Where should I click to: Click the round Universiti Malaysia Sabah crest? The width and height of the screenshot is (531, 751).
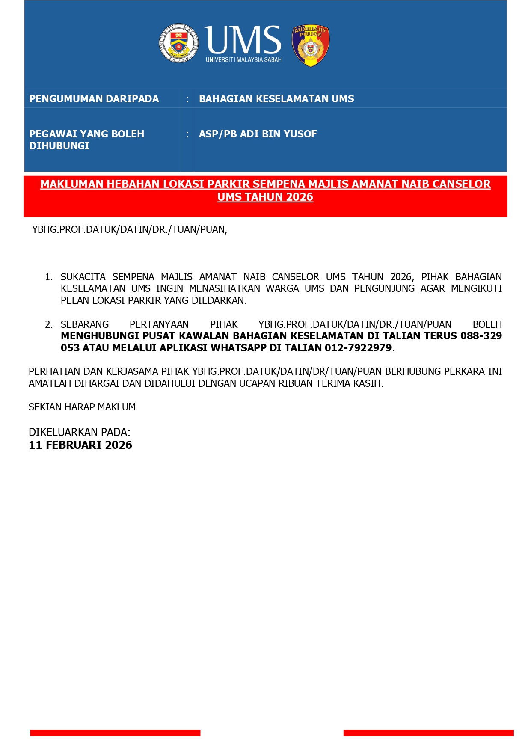click(x=179, y=43)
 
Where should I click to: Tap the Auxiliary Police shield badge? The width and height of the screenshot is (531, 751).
click(x=311, y=45)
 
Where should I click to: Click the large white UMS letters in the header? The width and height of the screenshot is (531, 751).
click(x=243, y=40)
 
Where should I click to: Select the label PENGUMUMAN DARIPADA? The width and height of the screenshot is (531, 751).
click(x=94, y=99)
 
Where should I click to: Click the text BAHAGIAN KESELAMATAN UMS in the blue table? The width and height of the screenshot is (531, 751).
click(x=276, y=99)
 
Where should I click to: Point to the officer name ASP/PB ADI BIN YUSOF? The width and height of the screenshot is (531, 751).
click(x=258, y=134)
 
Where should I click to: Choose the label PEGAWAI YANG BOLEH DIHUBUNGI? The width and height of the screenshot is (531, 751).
click(x=86, y=140)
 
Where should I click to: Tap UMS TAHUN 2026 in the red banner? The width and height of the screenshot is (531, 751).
click(x=265, y=197)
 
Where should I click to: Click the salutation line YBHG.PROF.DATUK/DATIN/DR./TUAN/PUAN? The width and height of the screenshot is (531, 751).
click(x=130, y=229)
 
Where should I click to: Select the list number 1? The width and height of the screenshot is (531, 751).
click(x=48, y=277)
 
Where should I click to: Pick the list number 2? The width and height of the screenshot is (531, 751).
click(x=48, y=325)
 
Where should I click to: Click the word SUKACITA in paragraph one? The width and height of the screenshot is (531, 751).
click(x=83, y=277)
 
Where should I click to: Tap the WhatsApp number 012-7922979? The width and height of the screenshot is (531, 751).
click(x=358, y=348)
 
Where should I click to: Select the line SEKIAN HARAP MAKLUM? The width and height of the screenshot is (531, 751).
click(x=82, y=407)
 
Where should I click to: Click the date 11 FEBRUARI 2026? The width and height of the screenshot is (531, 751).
click(x=80, y=445)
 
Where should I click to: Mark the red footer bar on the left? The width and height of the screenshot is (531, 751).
click(x=115, y=733)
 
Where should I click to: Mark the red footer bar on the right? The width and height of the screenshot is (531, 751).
click(x=428, y=733)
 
